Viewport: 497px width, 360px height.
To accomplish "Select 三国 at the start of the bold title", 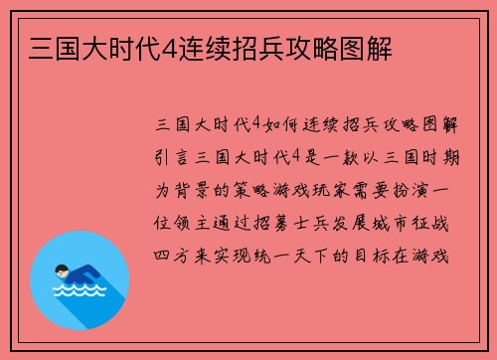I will pos(43,47).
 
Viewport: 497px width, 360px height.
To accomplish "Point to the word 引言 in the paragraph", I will pos(176,156).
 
